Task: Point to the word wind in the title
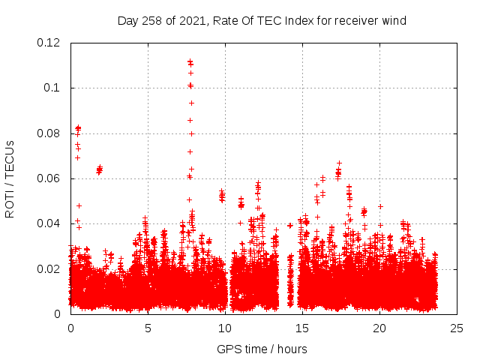(394, 21)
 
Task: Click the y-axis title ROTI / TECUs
(10, 178)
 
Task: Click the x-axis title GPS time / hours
(262, 349)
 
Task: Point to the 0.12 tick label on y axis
(49, 43)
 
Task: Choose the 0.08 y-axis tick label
(49, 133)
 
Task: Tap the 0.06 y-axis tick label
(49, 178)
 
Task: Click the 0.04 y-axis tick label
(49, 223)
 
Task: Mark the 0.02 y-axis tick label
(49, 269)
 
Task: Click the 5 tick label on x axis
(148, 328)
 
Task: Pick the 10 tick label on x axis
(225, 328)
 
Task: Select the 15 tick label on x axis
(302, 328)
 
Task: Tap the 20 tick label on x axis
(379, 328)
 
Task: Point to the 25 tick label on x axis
(457, 328)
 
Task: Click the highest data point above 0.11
(190, 61)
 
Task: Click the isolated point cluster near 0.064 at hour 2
(99, 169)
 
